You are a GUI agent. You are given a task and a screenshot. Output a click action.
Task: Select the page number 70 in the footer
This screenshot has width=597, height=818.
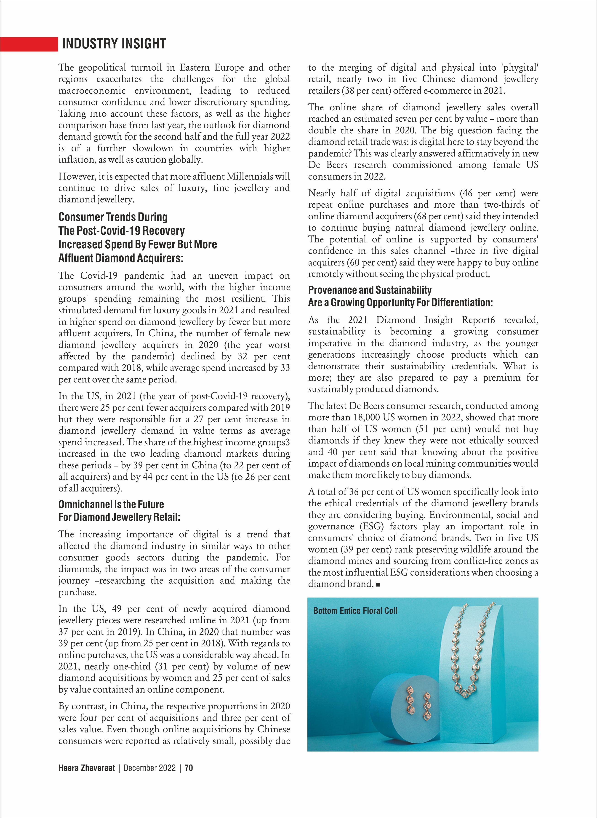[x=189, y=768]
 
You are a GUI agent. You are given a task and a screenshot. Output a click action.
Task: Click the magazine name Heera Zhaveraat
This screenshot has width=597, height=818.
[x=86, y=768]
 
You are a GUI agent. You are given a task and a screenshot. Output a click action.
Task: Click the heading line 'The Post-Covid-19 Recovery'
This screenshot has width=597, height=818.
[x=121, y=231]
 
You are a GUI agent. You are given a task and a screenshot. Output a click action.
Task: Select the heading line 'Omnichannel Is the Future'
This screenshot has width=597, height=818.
[x=111, y=504]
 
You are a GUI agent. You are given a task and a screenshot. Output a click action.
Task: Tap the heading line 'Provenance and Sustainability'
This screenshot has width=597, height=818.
[x=370, y=290]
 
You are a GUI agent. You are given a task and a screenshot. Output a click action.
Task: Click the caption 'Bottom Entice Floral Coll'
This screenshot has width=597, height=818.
[x=355, y=611]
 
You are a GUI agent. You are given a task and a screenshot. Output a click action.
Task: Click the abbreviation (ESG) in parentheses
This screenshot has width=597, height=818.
[x=371, y=526]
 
